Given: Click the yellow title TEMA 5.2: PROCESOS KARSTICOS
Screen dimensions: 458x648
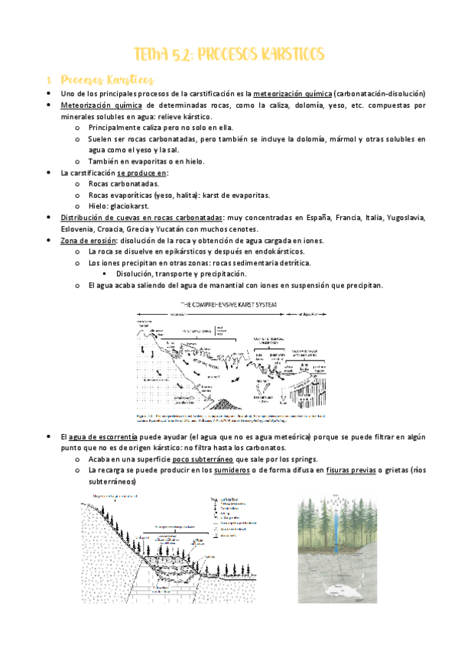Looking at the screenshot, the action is point(229,54).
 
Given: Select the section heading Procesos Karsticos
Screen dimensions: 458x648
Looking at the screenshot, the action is point(107,79).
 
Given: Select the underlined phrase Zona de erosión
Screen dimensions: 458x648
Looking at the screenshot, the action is point(86,240).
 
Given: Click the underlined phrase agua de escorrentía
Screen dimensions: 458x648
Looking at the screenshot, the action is point(105,436).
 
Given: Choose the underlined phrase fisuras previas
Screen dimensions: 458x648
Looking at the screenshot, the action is point(351,471).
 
